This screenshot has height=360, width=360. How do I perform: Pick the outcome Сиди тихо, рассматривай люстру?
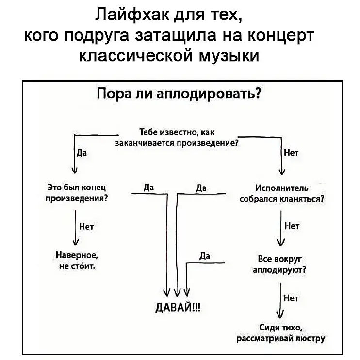tap(281, 334)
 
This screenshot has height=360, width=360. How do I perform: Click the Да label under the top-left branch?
tap(82, 152)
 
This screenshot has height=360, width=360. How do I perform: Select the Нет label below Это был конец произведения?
tap(85, 226)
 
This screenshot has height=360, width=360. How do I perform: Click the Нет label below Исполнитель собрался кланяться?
tap(292, 225)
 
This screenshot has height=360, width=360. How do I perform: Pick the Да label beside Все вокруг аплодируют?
tap(204, 256)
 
